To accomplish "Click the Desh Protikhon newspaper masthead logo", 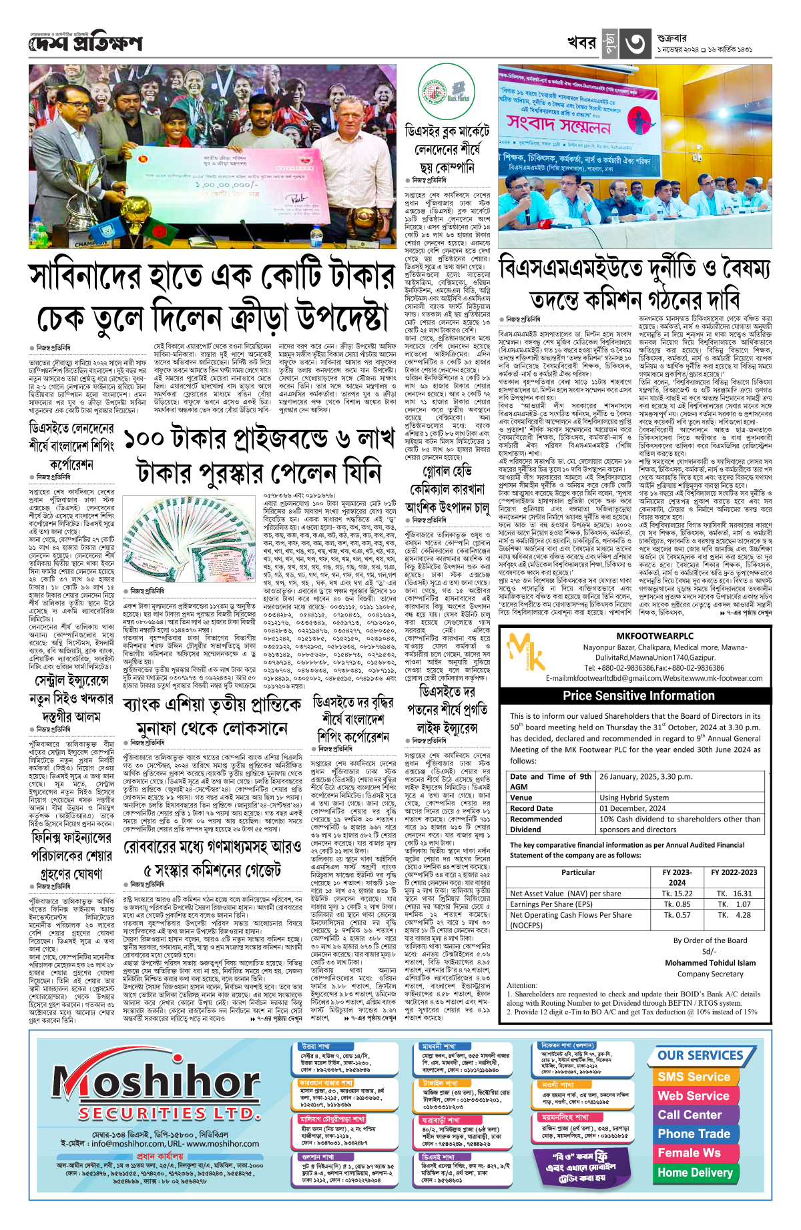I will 85,44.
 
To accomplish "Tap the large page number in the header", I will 635,44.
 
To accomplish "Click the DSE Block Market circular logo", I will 446,93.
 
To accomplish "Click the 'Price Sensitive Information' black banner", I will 638,695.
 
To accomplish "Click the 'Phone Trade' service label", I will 694,1133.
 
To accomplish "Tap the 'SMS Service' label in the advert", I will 694,1077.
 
